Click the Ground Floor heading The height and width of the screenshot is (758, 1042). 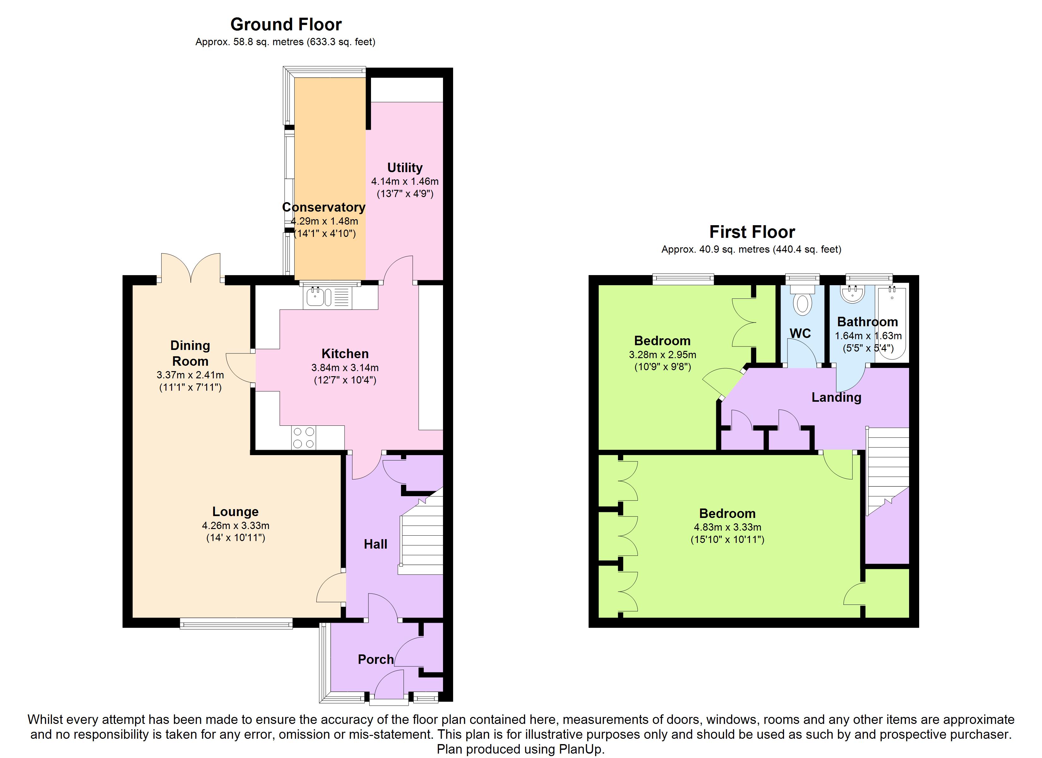286,24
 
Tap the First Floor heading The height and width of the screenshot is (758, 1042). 752,232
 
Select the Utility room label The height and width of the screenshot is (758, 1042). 405,168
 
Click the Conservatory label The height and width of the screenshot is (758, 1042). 324,207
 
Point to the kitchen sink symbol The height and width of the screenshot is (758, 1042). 327,297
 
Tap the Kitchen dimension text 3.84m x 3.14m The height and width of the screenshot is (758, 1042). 345,368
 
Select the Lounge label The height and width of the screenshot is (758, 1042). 235,512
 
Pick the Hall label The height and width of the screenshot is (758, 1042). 375,544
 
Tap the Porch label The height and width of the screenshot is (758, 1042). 376,660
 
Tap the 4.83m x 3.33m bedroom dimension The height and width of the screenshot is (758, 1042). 727,527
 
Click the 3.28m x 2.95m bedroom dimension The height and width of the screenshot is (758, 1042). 662,355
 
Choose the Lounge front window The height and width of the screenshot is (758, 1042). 236,623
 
